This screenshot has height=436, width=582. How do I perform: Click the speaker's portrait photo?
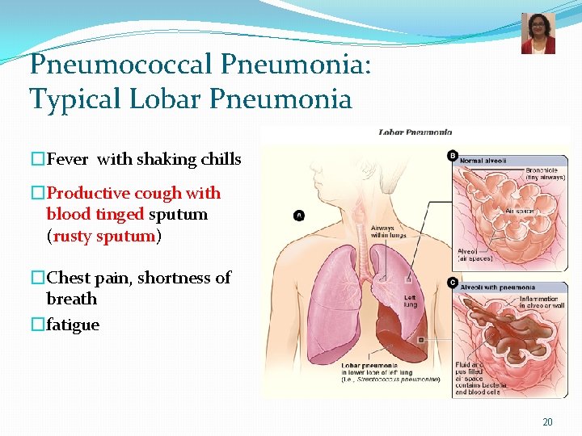pos(538,33)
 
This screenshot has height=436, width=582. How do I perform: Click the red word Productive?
pos(88,193)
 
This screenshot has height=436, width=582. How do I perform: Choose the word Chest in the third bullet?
pos(68,278)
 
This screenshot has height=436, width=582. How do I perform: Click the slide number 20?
pos(547,422)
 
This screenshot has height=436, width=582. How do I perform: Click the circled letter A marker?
pos(300,216)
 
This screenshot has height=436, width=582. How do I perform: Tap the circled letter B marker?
pos(453,156)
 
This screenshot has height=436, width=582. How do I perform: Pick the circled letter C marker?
pos(453,283)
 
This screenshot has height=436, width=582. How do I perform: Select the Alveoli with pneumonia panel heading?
pos(497,287)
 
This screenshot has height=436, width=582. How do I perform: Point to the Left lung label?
pos(410,300)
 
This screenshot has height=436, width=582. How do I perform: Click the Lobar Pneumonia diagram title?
pos(415,132)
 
